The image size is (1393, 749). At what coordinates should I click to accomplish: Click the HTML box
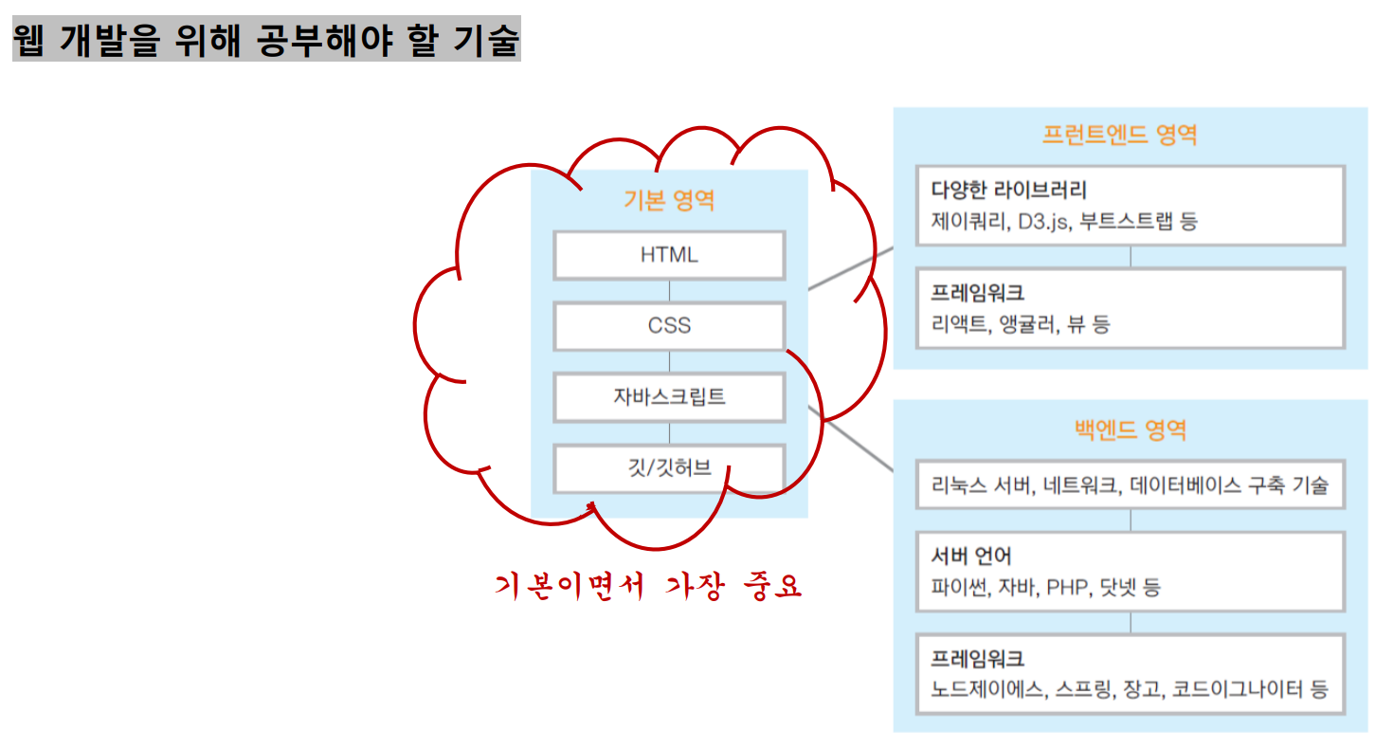click(x=669, y=255)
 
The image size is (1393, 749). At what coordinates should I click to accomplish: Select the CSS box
click(x=669, y=326)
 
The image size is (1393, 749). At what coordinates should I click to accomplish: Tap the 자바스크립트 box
click(x=669, y=396)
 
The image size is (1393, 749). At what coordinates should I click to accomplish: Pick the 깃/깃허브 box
click(x=669, y=467)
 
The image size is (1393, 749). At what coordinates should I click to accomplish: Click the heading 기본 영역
click(x=669, y=201)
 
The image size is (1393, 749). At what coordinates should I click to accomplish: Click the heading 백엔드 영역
click(x=1130, y=430)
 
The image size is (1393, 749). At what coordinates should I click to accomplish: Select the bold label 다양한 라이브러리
click(x=1008, y=190)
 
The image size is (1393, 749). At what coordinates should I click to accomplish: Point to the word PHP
click(x=1066, y=588)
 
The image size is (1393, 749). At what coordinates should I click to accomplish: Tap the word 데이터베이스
click(x=1185, y=486)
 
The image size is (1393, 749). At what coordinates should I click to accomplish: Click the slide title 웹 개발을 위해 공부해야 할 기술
click(x=266, y=39)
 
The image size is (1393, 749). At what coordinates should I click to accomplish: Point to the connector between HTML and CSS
click(x=670, y=291)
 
